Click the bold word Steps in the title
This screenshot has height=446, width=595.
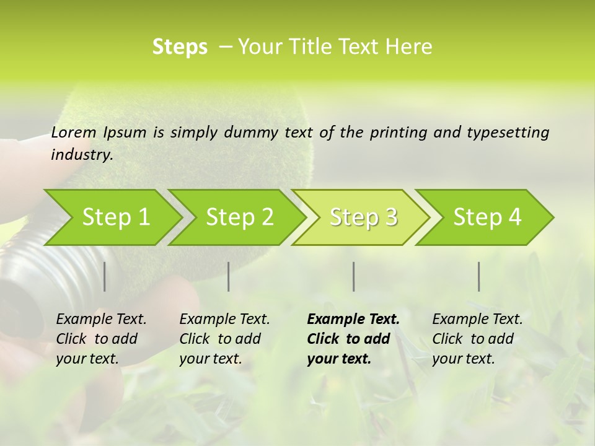pyautogui.click(x=180, y=47)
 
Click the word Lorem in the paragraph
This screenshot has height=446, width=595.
pyautogui.click(x=74, y=133)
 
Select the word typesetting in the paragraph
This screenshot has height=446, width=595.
pyautogui.click(x=509, y=133)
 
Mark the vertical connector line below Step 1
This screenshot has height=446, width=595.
pyautogui.click(x=104, y=276)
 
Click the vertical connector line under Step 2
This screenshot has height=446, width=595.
pyautogui.click(x=229, y=276)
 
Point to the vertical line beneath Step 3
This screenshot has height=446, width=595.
pyautogui.click(x=354, y=276)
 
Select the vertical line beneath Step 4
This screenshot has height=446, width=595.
pyautogui.click(x=479, y=276)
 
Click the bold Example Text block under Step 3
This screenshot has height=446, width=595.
pyautogui.click(x=353, y=339)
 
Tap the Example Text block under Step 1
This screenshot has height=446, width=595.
pyautogui.click(x=101, y=339)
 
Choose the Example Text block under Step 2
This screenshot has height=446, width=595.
pyautogui.click(x=224, y=339)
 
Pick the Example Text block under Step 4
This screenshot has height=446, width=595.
pyautogui.click(x=477, y=339)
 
